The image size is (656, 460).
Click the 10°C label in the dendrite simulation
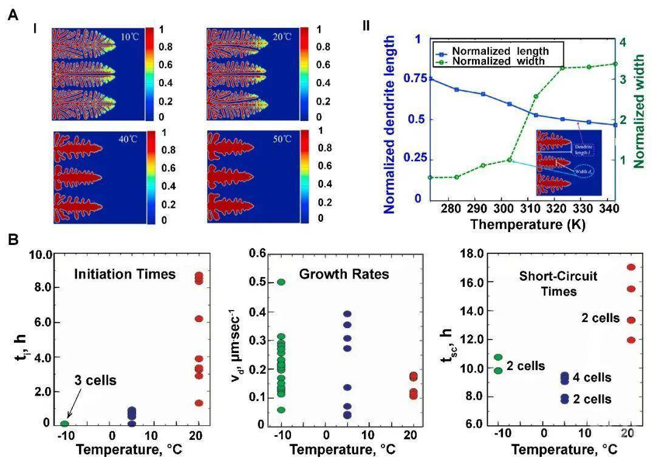128,37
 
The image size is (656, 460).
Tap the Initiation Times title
125,275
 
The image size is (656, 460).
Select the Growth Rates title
353,275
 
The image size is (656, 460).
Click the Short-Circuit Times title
558,284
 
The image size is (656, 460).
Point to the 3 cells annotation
97,380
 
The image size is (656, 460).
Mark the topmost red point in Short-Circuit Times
631,267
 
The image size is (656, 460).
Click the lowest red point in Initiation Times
199,403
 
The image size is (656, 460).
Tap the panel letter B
13,239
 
